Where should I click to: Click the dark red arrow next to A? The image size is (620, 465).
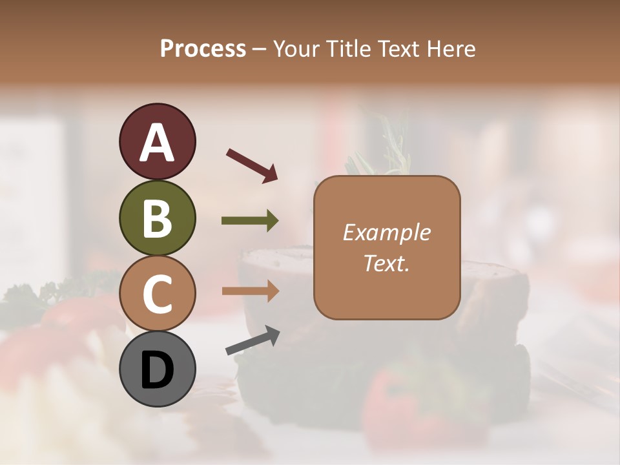pyautogui.click(x=252, y=165)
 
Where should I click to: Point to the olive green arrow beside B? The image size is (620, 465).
pyautogui.click(x=250, y=221)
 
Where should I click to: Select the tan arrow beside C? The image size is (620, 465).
pyautogui.click(x=250, y=291)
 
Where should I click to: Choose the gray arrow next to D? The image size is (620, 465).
pyautogui.click(x=253, y=341)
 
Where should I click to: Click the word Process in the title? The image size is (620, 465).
pyautogui.click(x=203, y=48)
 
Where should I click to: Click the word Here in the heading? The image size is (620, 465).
pyautogui.click(x=451, y=48)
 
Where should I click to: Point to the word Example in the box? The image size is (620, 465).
pyautogui.click(x=386, y=232)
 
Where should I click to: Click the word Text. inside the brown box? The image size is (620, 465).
pyautogui.click(x=386, y=263)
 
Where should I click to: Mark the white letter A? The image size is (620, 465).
pyautogui.click(x=157, y=142)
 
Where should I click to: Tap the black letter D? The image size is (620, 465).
pyautogui.click(x=157, y=371)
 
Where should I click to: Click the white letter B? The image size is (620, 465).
pyautogui.click(x=157, y=218)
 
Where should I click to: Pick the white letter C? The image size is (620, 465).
pyautogui.click(x=157, y=294)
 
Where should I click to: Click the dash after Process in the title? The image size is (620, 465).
pyautogui.click(x=260, y=49)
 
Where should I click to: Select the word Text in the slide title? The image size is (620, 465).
pyautogui.click(x=399, y=48)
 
